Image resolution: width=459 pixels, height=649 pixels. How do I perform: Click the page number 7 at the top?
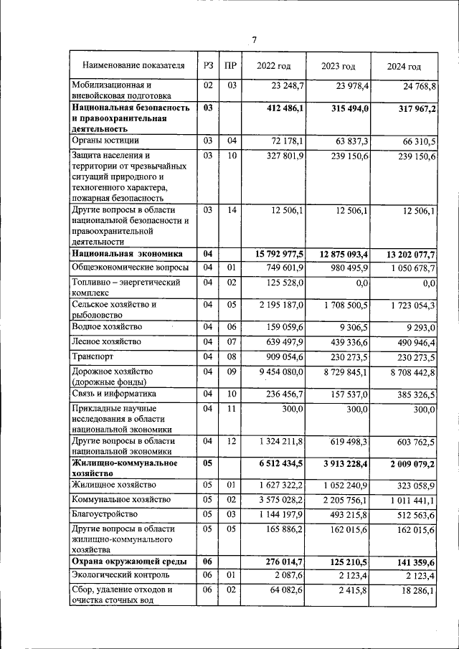pyautogui.click(x=253, y=39)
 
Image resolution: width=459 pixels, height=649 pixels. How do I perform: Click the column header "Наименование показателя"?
pyautogui.click(x=128, y=66)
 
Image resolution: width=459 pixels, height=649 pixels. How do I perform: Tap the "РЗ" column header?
pyautogui.click(x=208, y=66)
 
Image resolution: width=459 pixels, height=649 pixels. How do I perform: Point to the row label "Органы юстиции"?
pyautogui.click(x=105, y=141)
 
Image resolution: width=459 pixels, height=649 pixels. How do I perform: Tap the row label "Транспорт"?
pyautogui.click(x=93, y=356)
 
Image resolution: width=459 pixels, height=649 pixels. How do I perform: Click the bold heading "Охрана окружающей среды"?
pyautogui.click(x=129, y=562)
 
